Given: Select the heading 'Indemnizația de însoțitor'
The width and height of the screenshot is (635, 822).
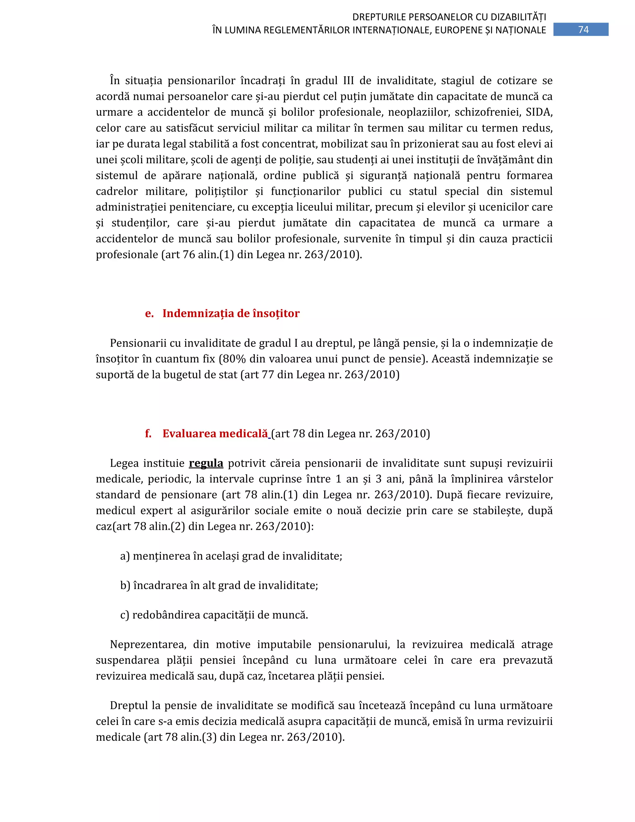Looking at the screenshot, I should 231,313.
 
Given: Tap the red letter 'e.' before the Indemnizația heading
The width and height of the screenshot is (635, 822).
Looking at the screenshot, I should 149,313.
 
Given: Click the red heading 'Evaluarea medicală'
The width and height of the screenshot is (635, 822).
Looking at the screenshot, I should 215,434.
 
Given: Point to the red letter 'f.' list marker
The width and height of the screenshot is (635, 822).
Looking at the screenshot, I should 148,434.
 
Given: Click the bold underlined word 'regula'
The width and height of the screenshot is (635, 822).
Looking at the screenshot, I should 206,463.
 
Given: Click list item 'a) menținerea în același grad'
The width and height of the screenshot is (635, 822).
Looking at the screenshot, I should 231,556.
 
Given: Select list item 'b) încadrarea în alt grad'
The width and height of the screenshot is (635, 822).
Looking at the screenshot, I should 219,585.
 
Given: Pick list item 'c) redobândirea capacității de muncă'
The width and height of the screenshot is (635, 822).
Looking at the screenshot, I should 214,615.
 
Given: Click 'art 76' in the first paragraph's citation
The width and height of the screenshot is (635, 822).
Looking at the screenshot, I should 180,254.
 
